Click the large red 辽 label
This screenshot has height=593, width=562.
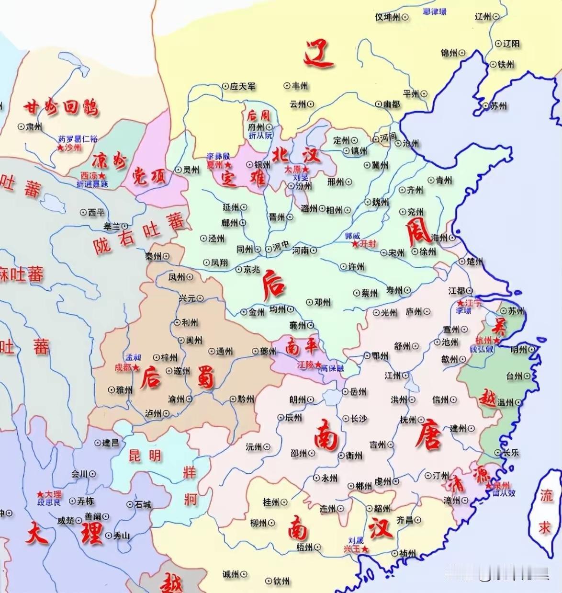[318, 54]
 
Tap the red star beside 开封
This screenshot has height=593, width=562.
[355, 244]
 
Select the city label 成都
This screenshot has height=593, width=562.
[123, 367]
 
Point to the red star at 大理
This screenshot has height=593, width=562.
[40, 494]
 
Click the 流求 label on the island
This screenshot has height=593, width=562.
[545, 511]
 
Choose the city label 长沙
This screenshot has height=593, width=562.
[358, 419]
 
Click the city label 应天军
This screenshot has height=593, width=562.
[242, 87]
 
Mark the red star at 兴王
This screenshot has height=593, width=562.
[365, 549]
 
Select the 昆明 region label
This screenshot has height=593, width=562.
[145, 456]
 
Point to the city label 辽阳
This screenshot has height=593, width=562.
[511, 43]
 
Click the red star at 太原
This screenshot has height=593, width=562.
[304, 170]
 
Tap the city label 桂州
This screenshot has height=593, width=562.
[271, 502]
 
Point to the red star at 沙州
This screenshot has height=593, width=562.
[60, 148]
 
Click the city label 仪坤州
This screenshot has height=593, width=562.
[387, 17]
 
